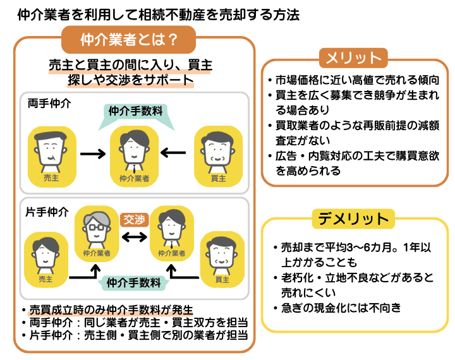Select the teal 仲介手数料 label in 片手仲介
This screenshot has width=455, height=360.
point(134,282)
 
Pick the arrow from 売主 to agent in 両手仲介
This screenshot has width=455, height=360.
point(92,153)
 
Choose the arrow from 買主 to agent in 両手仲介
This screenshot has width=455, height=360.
point(173,153)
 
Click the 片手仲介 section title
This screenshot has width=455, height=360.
point(49,212)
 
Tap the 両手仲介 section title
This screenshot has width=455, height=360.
point(49,103)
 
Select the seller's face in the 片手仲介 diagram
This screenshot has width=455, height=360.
point(45,255)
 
